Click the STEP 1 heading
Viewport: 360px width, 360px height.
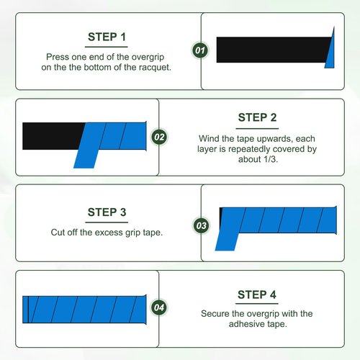[107, 37]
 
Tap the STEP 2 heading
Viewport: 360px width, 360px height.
[257, 117]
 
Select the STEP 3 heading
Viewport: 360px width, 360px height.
[107, 212]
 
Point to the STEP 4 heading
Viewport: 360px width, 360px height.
[257, 294]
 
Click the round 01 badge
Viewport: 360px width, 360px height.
[200, 50]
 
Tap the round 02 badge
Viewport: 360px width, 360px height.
[159, 137]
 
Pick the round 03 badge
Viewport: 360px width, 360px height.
[201, 225]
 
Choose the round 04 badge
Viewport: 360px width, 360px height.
[159, 307]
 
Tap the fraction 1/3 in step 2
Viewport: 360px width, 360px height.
[270, 159]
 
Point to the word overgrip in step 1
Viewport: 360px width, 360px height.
[148, 57]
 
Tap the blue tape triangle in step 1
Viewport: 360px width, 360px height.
[330, 52]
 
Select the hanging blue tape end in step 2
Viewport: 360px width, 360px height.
[86, 158]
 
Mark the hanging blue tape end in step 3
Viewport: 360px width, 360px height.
[226, 241]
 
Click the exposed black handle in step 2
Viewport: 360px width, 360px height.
[52, 136]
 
